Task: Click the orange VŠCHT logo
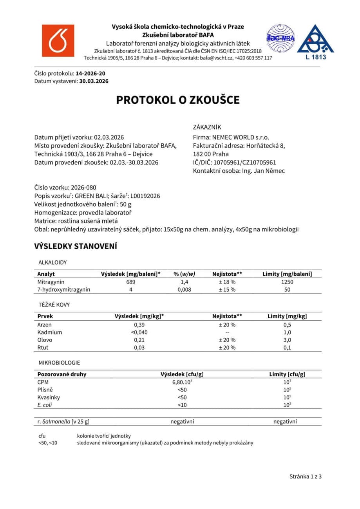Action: click(58, 40)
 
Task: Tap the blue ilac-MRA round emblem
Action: click(280, 38)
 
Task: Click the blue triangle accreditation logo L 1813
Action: click(315, 41)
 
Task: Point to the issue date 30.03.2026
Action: click(94, 81)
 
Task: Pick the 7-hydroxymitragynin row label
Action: click(64, 289)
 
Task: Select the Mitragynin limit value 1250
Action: click(287, 282)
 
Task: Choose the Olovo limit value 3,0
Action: click(287, 340)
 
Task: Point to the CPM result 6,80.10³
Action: click(182, 382)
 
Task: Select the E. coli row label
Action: click(44, 405)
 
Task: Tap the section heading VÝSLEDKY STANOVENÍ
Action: click(76, 246)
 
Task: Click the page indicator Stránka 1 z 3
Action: click(306, 477)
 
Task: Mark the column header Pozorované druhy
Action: click(62, 374)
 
